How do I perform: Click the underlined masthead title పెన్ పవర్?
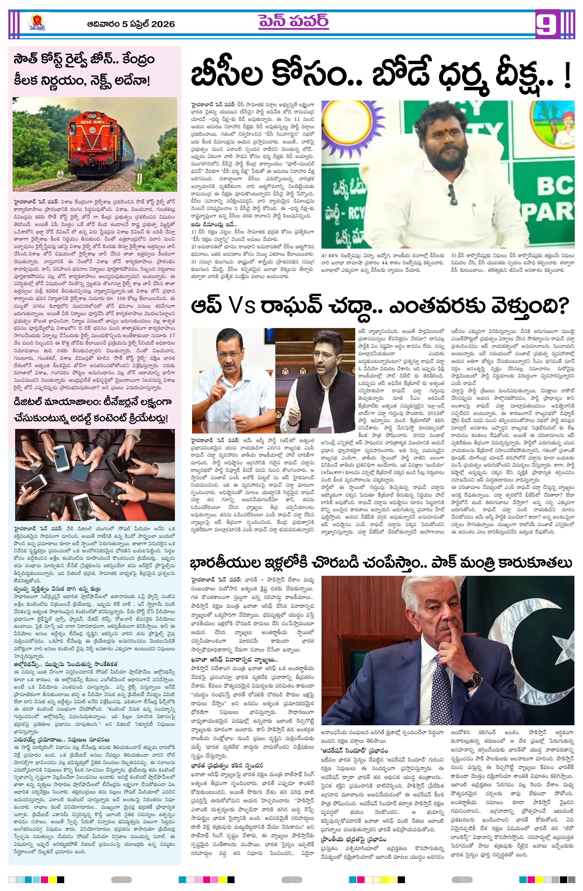point(293,21)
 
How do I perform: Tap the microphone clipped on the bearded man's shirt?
point(452,194)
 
